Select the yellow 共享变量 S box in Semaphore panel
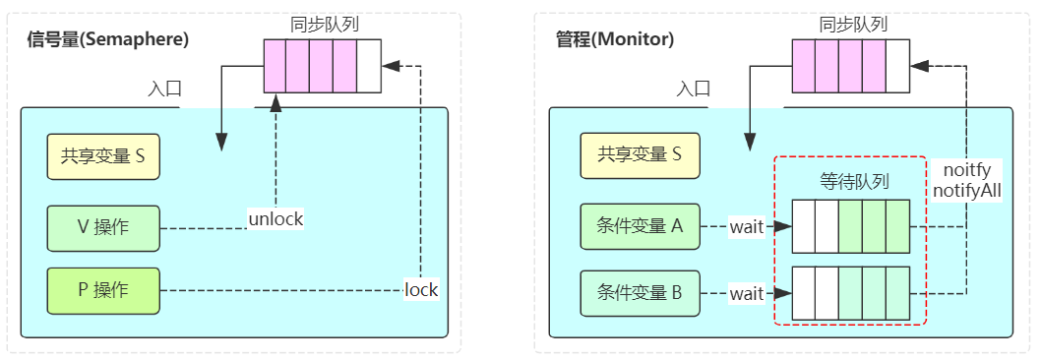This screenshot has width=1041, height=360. (103, 154)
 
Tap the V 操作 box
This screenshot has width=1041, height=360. (103, 227)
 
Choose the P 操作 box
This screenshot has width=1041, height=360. (103, 290)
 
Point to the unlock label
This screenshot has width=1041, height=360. (276, 218)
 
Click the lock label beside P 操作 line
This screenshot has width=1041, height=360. (421, 290)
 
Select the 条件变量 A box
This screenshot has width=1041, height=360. (640, 226)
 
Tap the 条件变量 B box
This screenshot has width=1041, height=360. (640, 293)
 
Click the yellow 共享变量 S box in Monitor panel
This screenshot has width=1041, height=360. (640, 154)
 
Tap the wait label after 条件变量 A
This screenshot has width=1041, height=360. (747, 227)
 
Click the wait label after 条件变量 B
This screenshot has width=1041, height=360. (747, 293)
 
